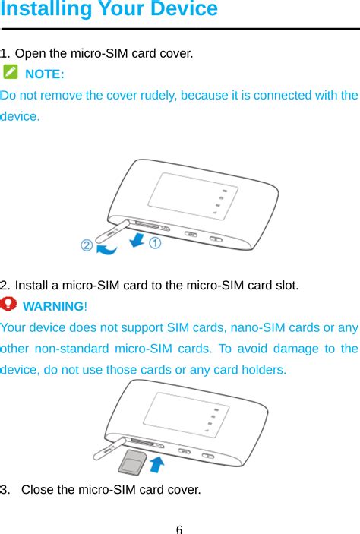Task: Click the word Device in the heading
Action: (185, 10)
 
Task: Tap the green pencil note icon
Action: (11, 73)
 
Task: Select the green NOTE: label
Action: (45, 74)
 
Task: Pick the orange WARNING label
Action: (55, 307)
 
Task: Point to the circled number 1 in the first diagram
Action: (155, 243)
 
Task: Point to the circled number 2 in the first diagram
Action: (87, 246)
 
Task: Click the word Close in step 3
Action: (37, 489)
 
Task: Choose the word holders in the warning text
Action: (263, 371)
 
